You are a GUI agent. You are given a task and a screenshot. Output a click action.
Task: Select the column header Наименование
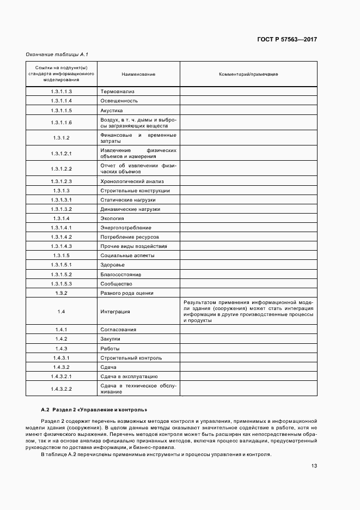[138, 74]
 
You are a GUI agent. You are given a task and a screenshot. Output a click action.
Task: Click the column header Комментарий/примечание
[248, 74]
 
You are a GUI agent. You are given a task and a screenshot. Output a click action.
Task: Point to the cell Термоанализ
[117, 92]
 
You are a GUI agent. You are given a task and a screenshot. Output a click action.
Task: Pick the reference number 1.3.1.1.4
[62, 101]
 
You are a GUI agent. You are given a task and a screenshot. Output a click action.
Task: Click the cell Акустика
[112, 110]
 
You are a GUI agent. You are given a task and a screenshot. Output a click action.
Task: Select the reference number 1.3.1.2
[62, 138]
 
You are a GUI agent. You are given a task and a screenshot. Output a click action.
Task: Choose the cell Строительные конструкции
[135, 191]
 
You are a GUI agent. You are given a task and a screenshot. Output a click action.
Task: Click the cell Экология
[112, 218]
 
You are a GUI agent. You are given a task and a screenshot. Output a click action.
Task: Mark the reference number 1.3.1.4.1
[62, 228]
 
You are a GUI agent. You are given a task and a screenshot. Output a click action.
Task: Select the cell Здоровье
[113, 265]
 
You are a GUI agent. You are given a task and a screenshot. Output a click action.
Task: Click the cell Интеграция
[115, 312]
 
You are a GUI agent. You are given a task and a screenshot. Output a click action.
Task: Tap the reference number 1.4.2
[62, 339]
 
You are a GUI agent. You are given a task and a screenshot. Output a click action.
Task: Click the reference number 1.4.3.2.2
[62, 388]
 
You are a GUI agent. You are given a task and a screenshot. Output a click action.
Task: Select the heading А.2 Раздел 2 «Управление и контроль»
[94, 409]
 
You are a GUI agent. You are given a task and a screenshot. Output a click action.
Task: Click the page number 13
[314, 466]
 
